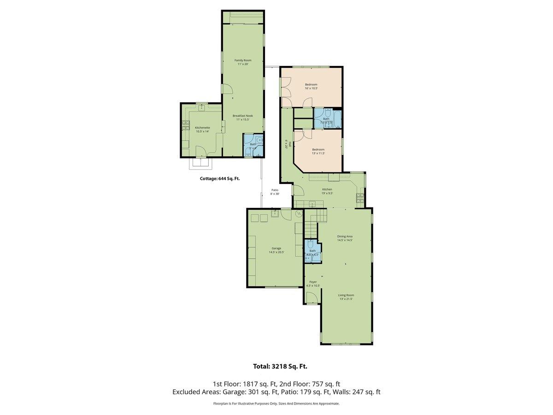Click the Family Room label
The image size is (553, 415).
click(242, 60)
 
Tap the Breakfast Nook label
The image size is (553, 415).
click(242, 116)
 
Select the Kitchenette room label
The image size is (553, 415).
click(202, 127)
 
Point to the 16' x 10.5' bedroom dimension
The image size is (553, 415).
click(311, 88)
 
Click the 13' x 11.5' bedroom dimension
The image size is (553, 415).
click(318, 153)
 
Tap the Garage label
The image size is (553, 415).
click(276, 248)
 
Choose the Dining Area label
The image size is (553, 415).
click(345, 236)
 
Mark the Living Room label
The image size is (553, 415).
click(346, 295)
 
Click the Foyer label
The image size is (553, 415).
click(313, 282)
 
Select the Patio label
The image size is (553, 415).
click(275, 190)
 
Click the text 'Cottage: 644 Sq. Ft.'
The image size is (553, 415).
click(219, 178)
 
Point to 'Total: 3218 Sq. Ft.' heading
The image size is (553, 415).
click(280, 367)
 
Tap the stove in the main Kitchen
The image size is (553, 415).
click(360, 199)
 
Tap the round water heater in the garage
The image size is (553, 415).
click(298, 213)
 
